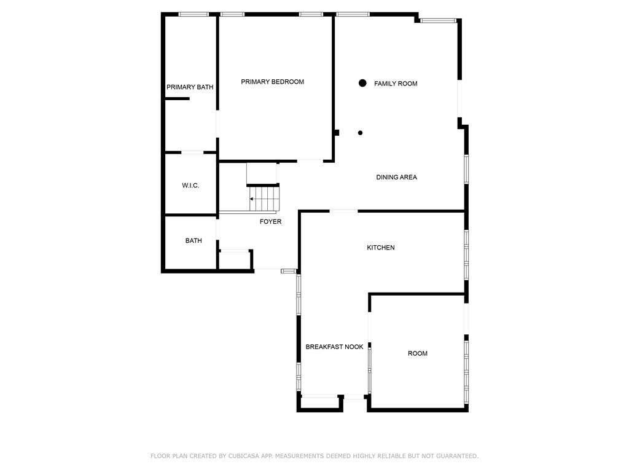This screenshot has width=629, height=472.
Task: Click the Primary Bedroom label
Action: (272, 82)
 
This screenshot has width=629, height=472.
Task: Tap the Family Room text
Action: (396, 84)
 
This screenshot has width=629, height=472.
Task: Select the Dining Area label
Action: (396, 177)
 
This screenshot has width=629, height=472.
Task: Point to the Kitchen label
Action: (381, 248)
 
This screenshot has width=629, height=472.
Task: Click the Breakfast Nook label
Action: (335, 347)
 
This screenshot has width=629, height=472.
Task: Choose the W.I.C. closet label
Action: (190, 186)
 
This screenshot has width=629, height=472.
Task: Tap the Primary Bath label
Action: (190, 87)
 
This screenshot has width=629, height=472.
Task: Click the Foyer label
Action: (270, 221)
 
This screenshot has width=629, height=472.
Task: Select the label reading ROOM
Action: (418, 353)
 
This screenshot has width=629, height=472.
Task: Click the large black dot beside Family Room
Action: (362, 83)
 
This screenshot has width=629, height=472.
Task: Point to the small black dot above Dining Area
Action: (360, 133)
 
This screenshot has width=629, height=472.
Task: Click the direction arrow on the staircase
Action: (252, 199)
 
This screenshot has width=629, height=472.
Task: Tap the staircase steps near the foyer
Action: (264, 199)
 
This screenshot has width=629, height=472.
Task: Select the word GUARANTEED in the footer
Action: (457, 456)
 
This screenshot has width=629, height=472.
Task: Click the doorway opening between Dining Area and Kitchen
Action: (344, 211)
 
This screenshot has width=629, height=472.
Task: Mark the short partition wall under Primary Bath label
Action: (177, 98)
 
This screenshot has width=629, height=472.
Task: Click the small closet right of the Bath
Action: (235, 259)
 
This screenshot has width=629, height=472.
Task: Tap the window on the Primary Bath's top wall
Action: (193, 15)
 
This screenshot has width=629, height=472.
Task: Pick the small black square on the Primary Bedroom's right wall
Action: (337, 133)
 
